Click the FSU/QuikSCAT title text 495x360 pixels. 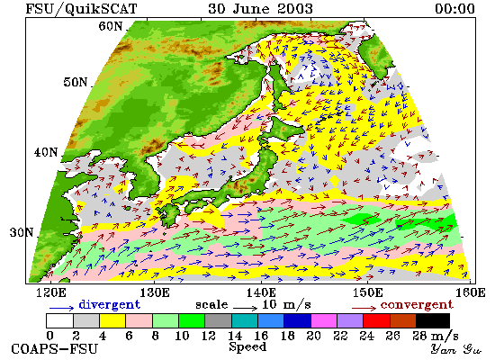(81, 8)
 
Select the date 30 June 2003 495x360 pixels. (260, 8)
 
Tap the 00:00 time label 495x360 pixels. (454, 8)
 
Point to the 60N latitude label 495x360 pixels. (110, 26)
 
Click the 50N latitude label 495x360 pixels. (75, 82)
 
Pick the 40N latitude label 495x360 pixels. (46, 152)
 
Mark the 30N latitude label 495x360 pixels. (22, 232)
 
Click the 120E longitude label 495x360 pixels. (51, 292)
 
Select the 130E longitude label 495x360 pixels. (155, 292)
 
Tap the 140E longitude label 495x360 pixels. (261, 292)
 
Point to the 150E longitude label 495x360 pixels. (367, 292)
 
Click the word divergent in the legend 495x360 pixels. (109, 305)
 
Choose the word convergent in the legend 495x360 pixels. (417, 305)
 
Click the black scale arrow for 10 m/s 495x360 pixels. (246, 307)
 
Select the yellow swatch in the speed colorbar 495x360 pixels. (112, 320)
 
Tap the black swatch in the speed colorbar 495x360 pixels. (433, 320)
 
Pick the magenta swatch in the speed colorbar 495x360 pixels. (324, 320)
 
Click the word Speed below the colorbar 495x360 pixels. (247, 347)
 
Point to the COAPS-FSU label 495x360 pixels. (55, 349)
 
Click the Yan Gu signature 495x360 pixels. (455, 349)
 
